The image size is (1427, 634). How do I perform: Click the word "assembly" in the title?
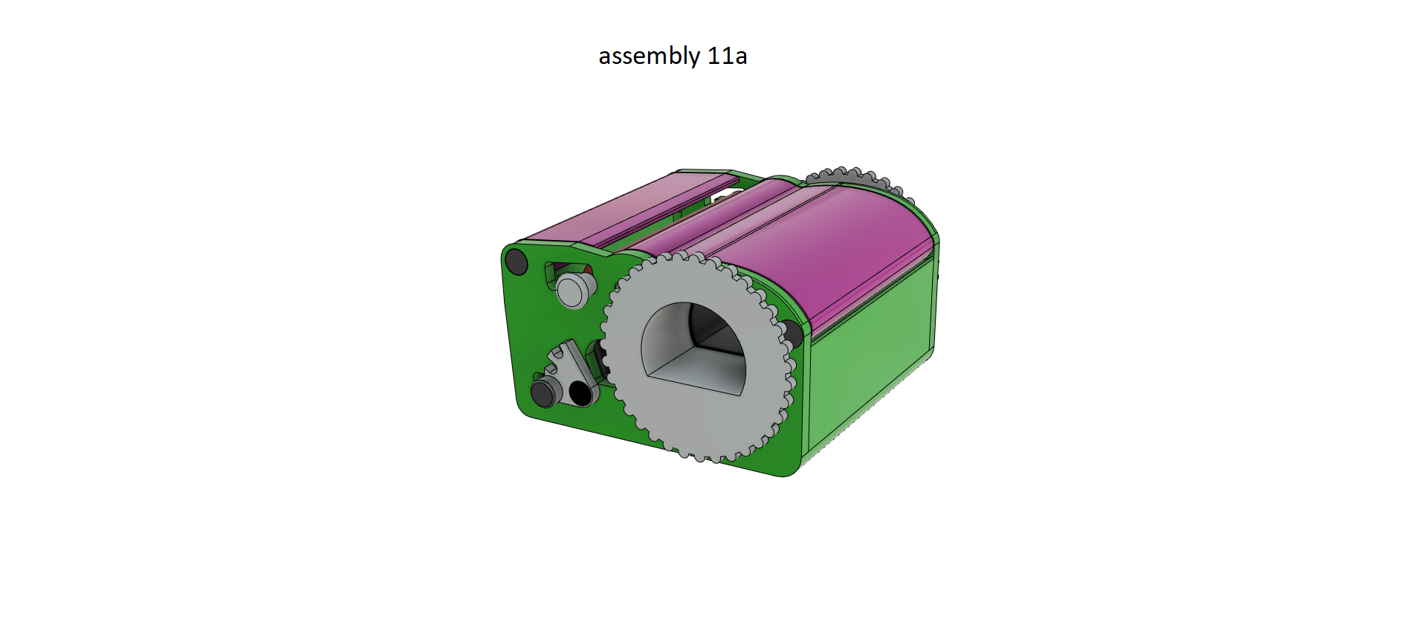(x=649, y=56)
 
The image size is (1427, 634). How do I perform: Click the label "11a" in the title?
(x=727, y=56)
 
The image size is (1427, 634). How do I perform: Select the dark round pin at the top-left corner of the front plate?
(x=516, y=262)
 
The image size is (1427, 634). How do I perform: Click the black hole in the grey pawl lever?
(x=580, y=393)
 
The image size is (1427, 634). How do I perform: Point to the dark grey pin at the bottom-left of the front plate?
(x=543, y=392)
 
